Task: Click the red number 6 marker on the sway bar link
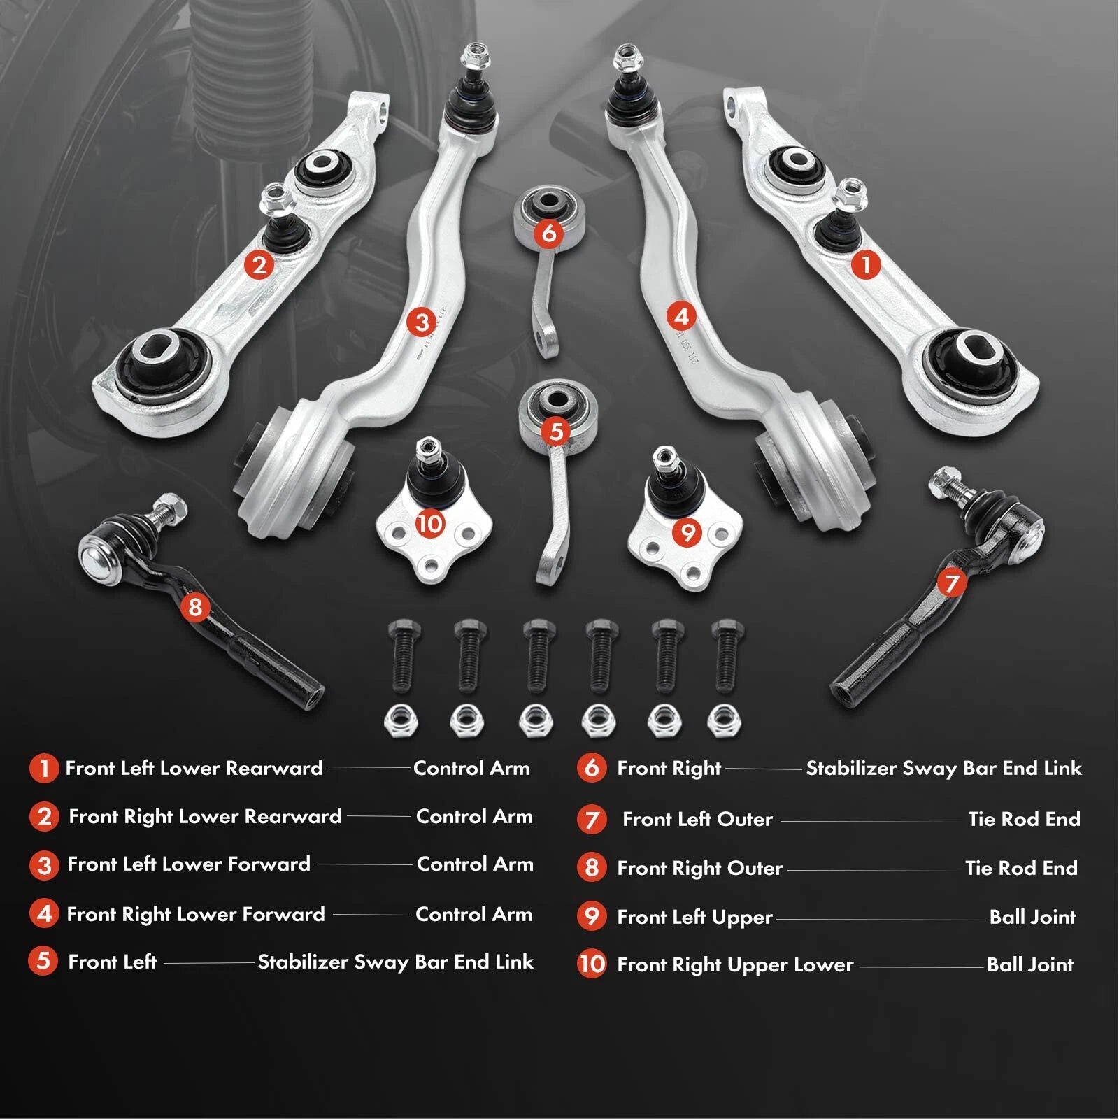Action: pos(549,233)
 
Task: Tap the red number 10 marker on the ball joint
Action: pos(430,523)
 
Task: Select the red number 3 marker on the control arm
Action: pos(421,322)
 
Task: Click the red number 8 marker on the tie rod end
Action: pos(195,606)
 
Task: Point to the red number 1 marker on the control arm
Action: pos(867,265)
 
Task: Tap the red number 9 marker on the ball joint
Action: pos(687,533)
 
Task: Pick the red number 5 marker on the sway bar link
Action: pos(556,432)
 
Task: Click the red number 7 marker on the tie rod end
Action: pos(952,583)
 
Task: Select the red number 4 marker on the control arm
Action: pos(681,316)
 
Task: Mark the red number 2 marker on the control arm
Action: pos(259,265)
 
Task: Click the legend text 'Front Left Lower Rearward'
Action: pos(194,768)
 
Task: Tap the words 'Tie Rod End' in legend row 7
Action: pos(1024,818)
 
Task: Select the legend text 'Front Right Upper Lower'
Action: pos(735,965)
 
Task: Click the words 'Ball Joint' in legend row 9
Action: pos(1032,917)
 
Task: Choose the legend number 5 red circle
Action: pos(43,960)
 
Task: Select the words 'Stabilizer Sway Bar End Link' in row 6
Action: pos(943,769)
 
